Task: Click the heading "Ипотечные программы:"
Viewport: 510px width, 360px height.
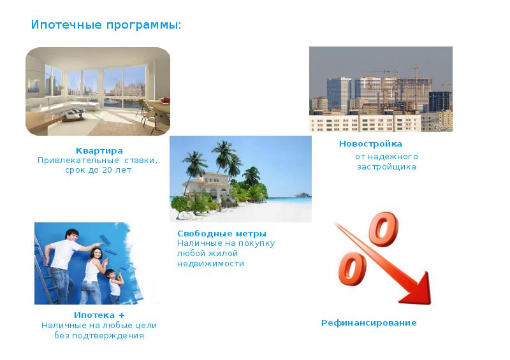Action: coord(106,25)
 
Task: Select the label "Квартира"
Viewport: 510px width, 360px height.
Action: coord(99,150)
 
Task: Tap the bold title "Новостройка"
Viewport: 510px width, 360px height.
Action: coord(370,144)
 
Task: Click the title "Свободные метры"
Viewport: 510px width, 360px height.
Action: coord(221,234)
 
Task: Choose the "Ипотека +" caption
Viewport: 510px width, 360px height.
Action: coord(99,315)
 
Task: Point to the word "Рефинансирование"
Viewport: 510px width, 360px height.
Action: coord(368,323)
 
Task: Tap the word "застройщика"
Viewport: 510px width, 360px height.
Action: coord(386,167)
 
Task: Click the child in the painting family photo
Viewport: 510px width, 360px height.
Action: coord(113,285)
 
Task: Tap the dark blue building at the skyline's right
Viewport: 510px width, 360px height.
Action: coord(439,101)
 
